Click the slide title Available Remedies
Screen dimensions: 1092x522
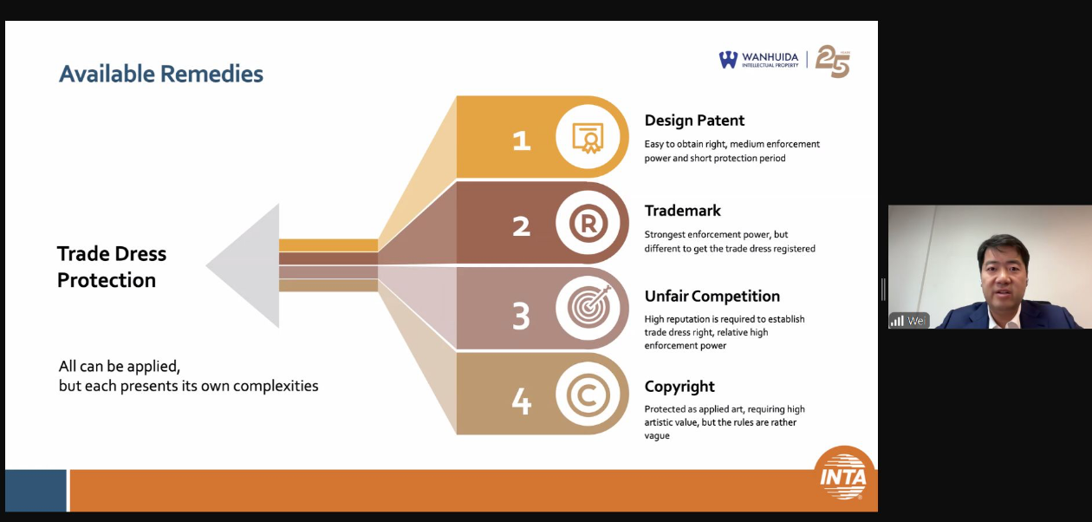coord(161,75)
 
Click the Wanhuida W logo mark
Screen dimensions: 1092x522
coord(728,60)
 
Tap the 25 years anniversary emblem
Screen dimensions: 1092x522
coord(833,61)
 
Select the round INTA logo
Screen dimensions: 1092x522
coord(843,473)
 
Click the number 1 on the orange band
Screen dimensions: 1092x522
coord(521,140)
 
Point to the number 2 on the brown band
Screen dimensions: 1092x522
coord(521,226)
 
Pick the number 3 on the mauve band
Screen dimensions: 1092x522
coord(521,316)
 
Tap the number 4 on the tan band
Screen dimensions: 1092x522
coord(521,401)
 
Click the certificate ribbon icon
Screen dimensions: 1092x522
coord(588,138)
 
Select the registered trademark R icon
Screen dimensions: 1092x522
coord(588,224)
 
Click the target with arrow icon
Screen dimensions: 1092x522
coord(589,306)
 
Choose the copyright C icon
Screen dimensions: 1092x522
coord(588,395)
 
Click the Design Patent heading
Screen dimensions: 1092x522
coord(694,121)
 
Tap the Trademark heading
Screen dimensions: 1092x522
coord(683,211)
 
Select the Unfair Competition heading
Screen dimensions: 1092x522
coord(712,297)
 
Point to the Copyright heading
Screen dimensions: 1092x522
coord(679,387)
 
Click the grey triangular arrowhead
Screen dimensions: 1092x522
coord(253,265)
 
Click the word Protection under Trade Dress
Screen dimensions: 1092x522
coord(107,281)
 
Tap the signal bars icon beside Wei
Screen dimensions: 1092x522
coord(897,321)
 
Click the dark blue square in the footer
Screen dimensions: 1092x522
coord(36,490)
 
